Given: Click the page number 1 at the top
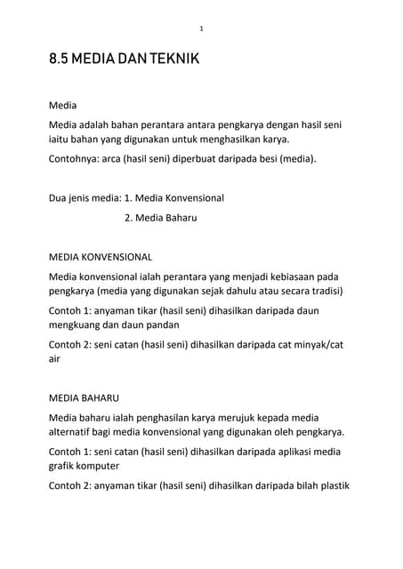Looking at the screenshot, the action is pyautogui.click(x=201, y=29).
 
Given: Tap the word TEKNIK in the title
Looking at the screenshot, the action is pyautogui.click(x=175, y=61).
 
